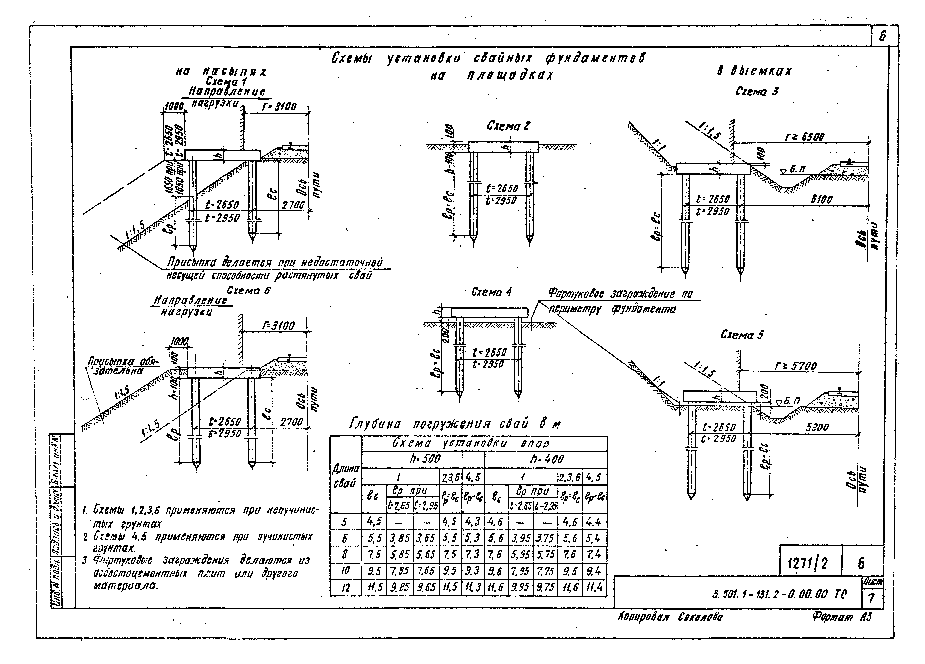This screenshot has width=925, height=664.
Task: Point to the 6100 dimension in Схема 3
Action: point(821,199)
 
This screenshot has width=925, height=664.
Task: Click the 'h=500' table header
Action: point(425,459)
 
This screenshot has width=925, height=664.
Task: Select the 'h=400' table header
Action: point(547,459)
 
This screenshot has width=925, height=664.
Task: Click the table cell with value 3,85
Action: point(399,538)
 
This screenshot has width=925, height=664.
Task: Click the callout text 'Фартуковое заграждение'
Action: point(620,294)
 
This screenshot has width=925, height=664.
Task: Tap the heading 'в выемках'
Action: point(754,71)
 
